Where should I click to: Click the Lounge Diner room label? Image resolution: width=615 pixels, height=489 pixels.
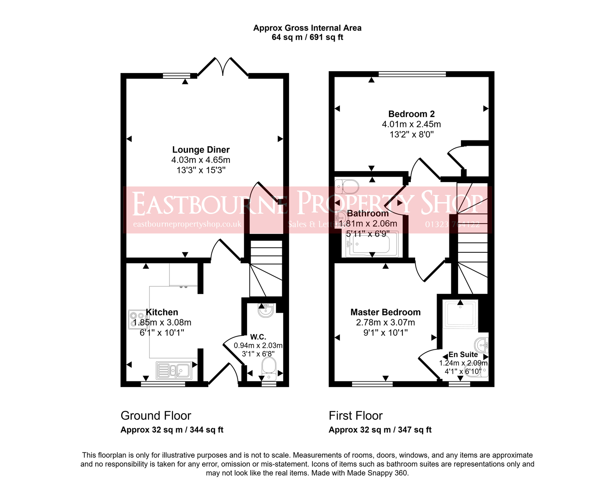(x=201, y=150)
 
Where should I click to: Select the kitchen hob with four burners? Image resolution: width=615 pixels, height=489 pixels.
(x=137, y=319)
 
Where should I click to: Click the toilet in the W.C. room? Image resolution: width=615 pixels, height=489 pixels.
(x=269, y=365)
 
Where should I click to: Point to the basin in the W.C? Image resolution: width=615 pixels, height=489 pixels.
(x=266, y=310)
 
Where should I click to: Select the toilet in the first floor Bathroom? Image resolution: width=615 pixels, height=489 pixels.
(x=347, y=186)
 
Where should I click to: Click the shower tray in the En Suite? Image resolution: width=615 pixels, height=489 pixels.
(x=461, y=314)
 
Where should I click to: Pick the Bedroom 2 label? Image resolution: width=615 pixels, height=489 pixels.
(x=411, y=114)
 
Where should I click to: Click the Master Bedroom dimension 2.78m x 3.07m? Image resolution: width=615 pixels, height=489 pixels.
(x=385, y=322)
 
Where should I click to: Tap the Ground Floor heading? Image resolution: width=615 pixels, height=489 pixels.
(x=156, y=416)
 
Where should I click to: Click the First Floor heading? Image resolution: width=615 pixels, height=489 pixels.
(x=356, y=416)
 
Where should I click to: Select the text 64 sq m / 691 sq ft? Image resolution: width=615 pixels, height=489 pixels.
(x=307, y=37)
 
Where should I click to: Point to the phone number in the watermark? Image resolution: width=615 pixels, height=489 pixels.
(x=452, y=224)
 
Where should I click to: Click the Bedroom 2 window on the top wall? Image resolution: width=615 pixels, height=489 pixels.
(x=412, y=74)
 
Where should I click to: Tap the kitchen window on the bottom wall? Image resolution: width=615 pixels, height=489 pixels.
(x=163, y=384)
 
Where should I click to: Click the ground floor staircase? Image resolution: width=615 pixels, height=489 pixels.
(x=266, y=269)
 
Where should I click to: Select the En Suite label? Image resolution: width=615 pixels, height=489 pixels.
(x=463, y=354)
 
